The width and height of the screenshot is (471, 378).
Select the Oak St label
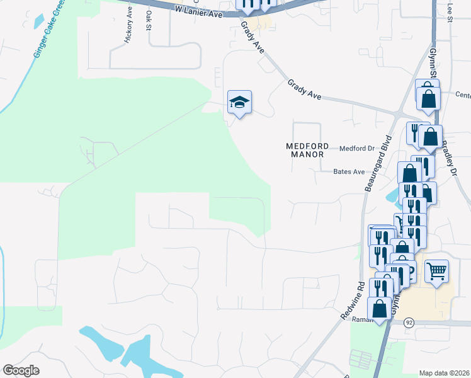[149, 20]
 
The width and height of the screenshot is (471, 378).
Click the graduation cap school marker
[239, 102]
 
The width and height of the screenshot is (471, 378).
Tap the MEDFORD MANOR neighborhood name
[305, 149]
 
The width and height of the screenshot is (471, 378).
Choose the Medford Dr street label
[357, 149]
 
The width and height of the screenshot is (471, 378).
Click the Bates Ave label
[349, 171]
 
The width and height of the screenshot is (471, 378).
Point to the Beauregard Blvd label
[378, 164]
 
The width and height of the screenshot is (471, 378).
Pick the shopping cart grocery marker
[436, 271]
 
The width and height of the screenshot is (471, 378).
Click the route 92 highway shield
[409, 322]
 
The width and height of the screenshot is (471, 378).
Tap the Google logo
[21, 370]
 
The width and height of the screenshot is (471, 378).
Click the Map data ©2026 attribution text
[445, 373]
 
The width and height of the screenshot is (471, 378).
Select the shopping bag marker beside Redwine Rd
[380, 309]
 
